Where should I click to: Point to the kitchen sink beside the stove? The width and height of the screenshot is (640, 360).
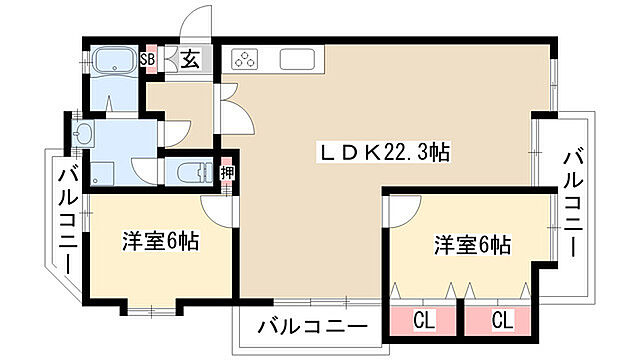[299, 59]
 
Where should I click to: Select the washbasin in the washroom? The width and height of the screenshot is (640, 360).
[84, 135]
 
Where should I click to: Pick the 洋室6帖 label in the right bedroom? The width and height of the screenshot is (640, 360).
[472, 244]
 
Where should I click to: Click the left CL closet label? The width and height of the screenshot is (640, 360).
[424, 320]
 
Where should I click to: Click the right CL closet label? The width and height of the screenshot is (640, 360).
[502, 320]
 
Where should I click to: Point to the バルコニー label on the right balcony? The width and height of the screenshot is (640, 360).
[573, 200]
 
